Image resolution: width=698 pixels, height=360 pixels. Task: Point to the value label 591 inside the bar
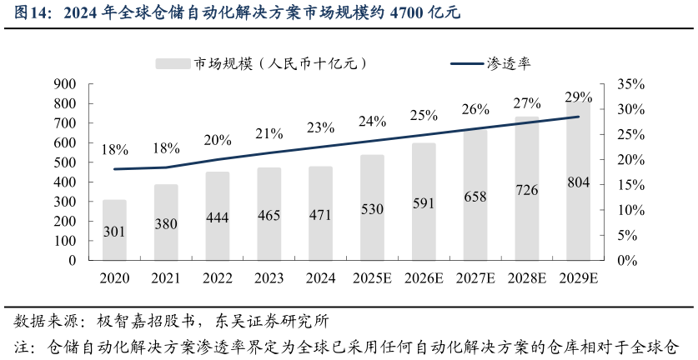coord(424,203)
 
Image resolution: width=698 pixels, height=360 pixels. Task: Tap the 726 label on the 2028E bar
coord(527,190)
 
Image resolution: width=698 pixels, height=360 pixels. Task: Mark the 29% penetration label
coord(579,97)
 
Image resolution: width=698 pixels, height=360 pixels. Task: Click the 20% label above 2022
coord(218,140)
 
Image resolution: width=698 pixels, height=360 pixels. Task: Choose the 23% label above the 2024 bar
coord(321,127)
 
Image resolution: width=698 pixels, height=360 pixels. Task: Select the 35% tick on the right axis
coord(630,84)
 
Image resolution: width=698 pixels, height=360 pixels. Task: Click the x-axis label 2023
coord(269,278)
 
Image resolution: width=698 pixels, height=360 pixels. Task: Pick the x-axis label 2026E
coord(424,278)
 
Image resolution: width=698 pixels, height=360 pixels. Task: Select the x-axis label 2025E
coord(373,278)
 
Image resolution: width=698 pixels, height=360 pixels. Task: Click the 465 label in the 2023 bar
coord(269,216)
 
